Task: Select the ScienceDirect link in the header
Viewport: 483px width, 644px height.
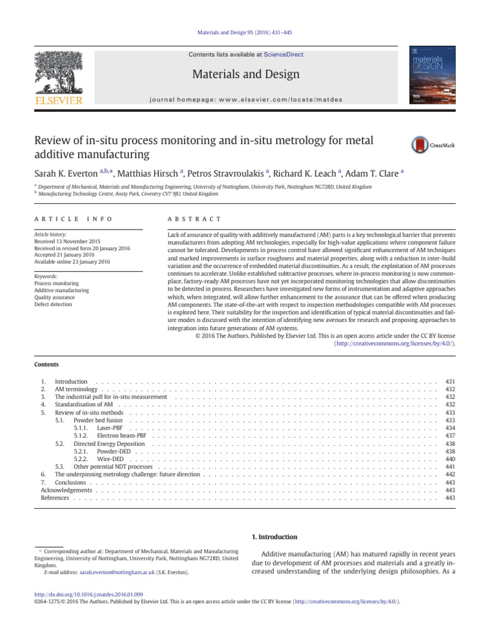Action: tap(283, 55)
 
